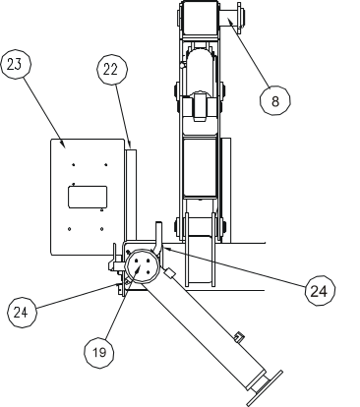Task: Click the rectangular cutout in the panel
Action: (87, 197)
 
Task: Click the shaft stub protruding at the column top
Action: (235, 16)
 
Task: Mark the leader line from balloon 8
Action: (252, 53)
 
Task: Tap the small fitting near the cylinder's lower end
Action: (238, 340)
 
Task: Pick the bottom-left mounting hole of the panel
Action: (68, 230)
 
